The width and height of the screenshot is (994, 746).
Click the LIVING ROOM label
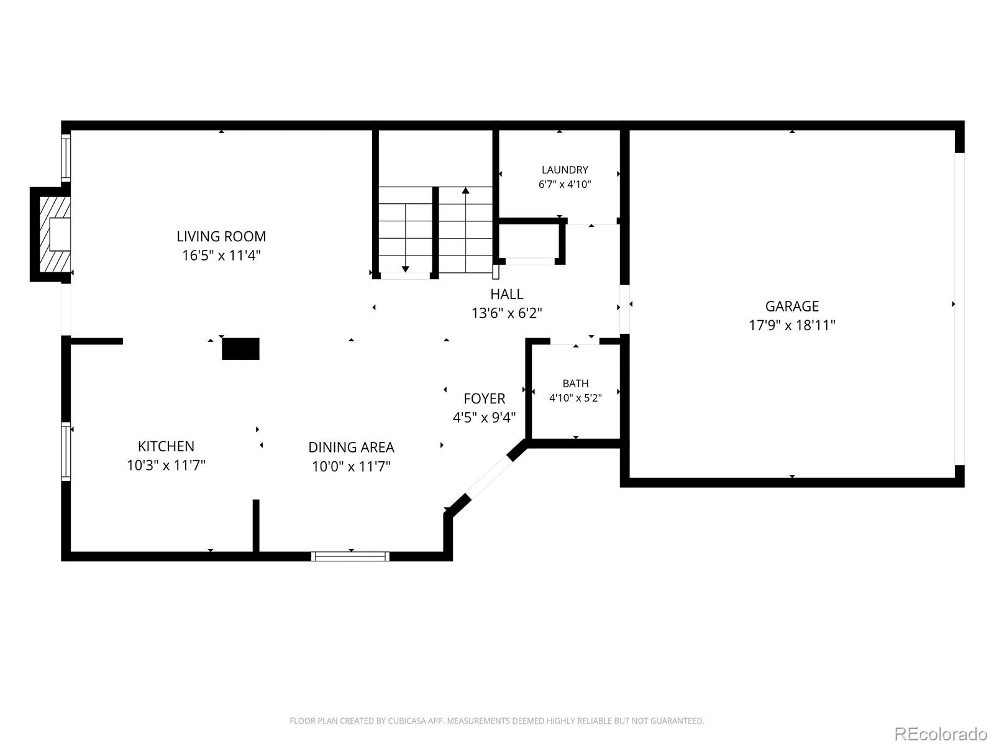click(221, 236)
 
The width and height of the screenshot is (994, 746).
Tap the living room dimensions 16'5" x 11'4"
click(221, 256)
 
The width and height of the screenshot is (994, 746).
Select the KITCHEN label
click(166, 446)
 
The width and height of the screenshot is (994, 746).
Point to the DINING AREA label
click(351, 448)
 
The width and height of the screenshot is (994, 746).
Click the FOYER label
click(484, 398)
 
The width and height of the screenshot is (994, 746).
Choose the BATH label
click(575, 384)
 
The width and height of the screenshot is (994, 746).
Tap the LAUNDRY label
click(565, 170)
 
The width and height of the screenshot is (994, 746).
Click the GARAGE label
click(792, 306)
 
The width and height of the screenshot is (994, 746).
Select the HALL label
click(507, 295)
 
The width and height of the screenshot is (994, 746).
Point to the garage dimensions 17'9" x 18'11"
click(792, 325)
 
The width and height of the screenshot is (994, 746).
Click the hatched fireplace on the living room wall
click(55, 234)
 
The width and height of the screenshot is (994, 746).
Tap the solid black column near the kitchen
click(240, 349)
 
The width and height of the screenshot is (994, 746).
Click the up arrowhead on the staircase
click(465, 190)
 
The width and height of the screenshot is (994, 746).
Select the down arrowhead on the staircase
click(406, 269)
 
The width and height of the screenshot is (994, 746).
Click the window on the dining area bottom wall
click(350, 556)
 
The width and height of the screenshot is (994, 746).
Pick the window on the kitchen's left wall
click(66, 451)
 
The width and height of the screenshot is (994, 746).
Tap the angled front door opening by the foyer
click(489, 477)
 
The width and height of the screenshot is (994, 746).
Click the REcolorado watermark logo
click(941, 734)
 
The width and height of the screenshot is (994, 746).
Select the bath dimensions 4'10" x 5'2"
click(575, 398)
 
